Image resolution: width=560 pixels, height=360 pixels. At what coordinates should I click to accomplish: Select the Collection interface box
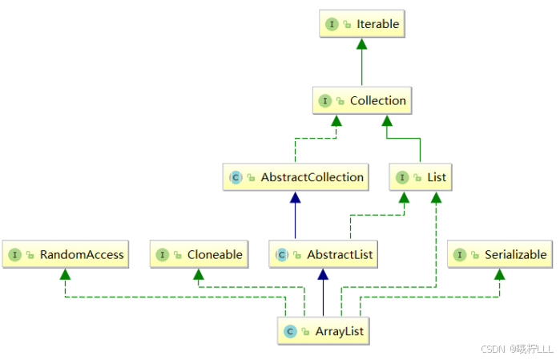(x=362, y=101)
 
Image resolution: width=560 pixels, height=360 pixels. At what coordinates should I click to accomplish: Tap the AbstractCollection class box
(x=296, y=177)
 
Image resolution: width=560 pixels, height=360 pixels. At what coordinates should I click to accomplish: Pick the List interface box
(x=420, y=177)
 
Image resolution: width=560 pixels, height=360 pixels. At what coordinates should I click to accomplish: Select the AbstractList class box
(x=323, y=255)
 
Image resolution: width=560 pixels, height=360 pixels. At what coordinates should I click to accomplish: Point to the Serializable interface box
(x=500, y=255)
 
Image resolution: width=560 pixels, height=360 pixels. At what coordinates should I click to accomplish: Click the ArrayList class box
(x=324, y=330)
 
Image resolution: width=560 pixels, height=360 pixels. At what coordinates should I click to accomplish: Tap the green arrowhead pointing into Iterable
(x=361, y=43)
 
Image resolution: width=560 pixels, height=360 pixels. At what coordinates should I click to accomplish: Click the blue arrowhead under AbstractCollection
(x=296, y=196)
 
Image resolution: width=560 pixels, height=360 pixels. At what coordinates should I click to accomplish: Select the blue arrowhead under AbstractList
(x=323, y=274)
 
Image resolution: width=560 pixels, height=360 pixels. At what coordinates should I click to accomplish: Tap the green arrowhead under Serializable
(x=499, y=274)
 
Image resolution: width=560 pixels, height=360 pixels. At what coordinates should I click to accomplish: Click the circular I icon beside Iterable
(x=332, y=25)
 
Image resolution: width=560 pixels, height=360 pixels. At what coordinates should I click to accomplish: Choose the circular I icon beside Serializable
(x=461, y=255)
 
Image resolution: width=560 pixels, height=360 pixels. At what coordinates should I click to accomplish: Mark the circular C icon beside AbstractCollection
(x=236, y=177)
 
